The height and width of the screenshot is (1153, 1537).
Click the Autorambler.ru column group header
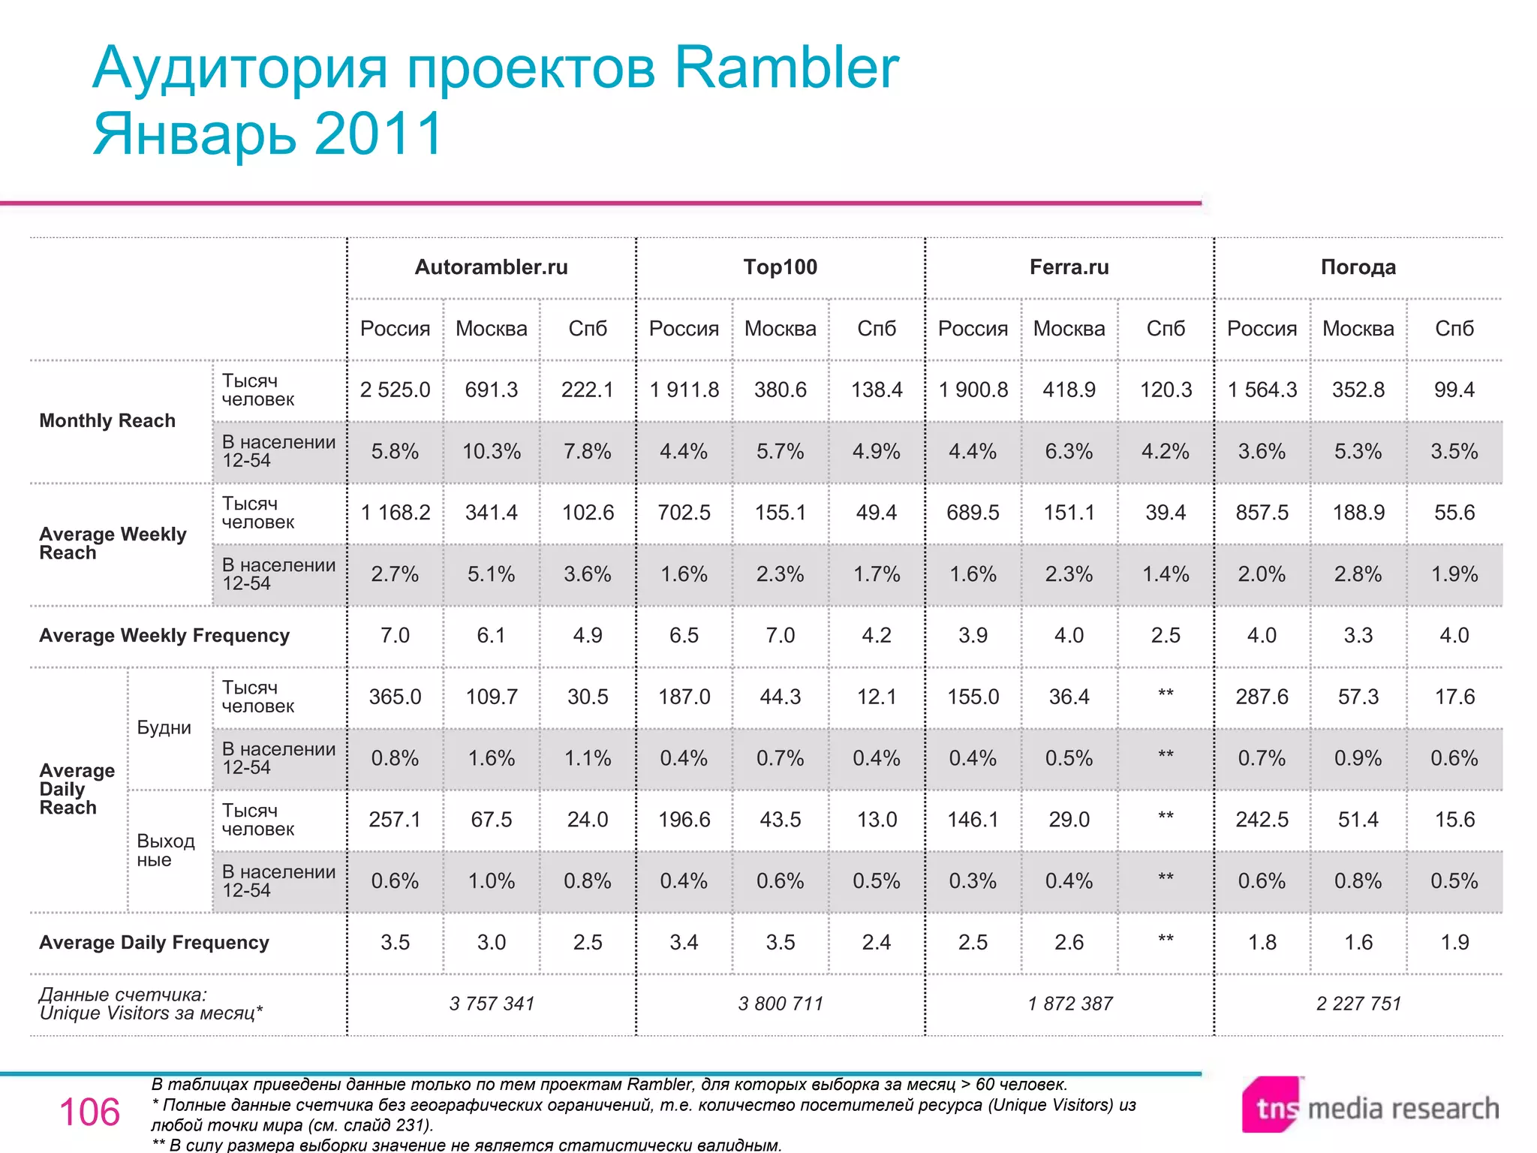point(491,267)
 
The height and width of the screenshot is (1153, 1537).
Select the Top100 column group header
point(780,267)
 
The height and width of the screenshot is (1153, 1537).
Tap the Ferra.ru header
point(1069,267)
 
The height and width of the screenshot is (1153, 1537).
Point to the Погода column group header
point(1358,267)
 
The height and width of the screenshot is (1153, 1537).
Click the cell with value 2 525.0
point(395,390)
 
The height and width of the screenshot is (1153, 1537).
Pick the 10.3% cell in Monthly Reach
point(491,451)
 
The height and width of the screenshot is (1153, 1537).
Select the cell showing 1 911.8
point(684,390)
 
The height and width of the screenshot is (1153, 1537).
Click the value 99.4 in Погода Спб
point(1454,390)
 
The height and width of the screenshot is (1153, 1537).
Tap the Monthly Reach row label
point(107,420)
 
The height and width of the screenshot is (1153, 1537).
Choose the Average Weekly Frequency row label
point(164,636)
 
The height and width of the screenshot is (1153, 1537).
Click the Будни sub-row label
point(164,727)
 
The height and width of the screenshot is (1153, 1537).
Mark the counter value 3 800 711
point(780,1004)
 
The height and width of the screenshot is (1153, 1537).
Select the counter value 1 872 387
point(1069,1004)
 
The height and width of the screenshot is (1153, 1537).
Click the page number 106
point(89,1112)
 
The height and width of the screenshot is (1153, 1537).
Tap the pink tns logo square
point(1271,1105)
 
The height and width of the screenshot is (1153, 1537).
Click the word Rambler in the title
point(786,68)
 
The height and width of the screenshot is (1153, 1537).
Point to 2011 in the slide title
point(379,134)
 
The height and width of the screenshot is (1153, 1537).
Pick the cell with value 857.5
point(1262,513)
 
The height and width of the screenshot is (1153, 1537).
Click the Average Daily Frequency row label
point(154,943)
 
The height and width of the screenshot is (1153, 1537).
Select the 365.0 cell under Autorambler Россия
point(395,697)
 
